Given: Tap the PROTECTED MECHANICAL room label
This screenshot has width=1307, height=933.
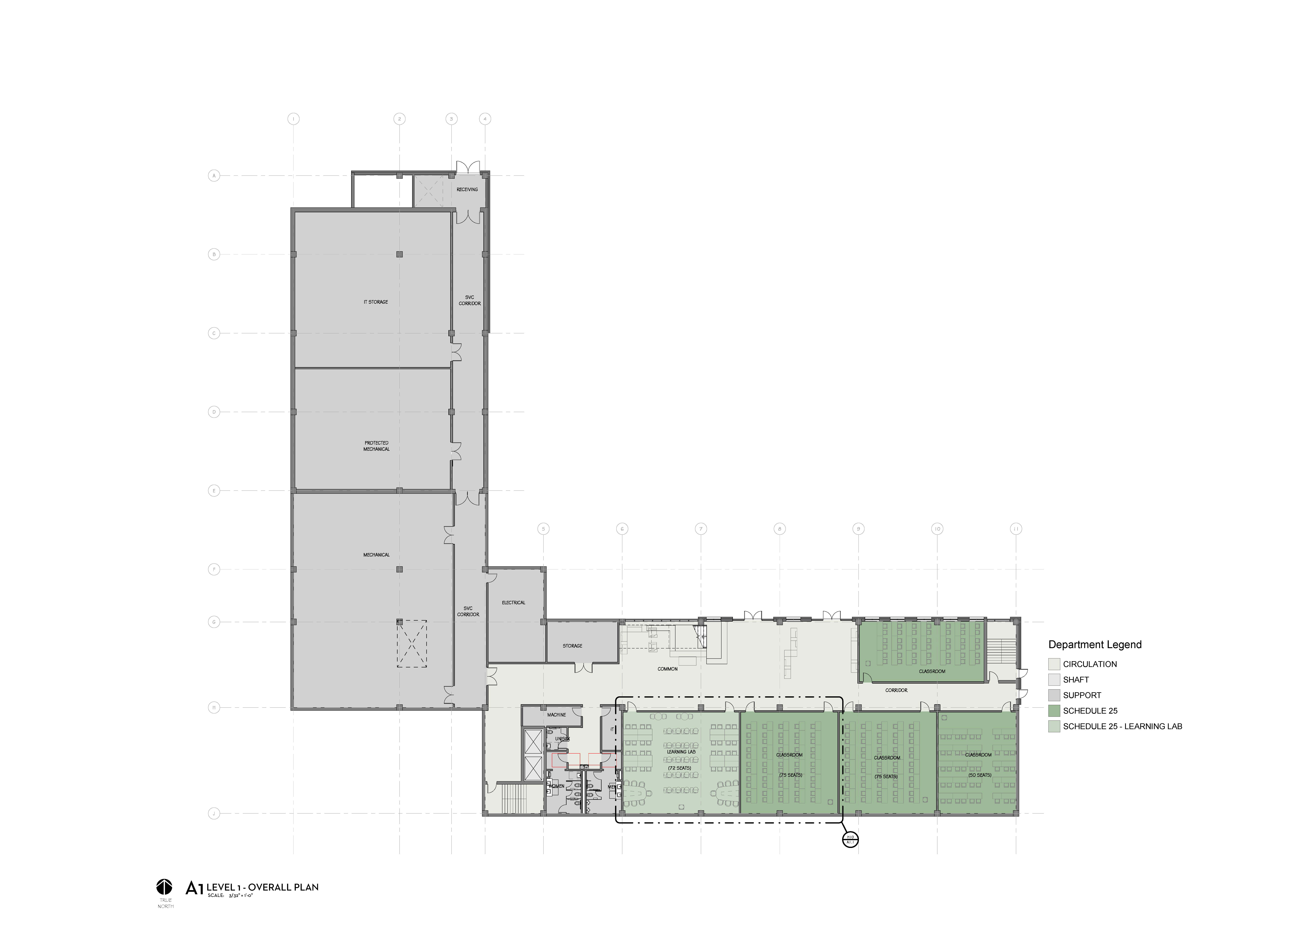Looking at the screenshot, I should coord(377,446).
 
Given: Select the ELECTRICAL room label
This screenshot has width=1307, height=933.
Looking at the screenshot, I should coord(513,603).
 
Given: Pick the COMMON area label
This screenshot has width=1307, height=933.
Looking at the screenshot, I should coord(667,669).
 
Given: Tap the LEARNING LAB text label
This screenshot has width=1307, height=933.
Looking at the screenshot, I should coord(681,752).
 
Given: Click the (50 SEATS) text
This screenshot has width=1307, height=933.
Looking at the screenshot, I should coord(979,775).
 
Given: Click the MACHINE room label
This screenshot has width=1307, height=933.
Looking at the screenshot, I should coord(556,715).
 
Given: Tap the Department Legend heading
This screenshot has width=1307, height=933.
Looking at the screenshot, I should coord(1094,645).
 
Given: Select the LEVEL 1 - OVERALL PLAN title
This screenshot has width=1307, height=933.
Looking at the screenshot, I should coord(262,887).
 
